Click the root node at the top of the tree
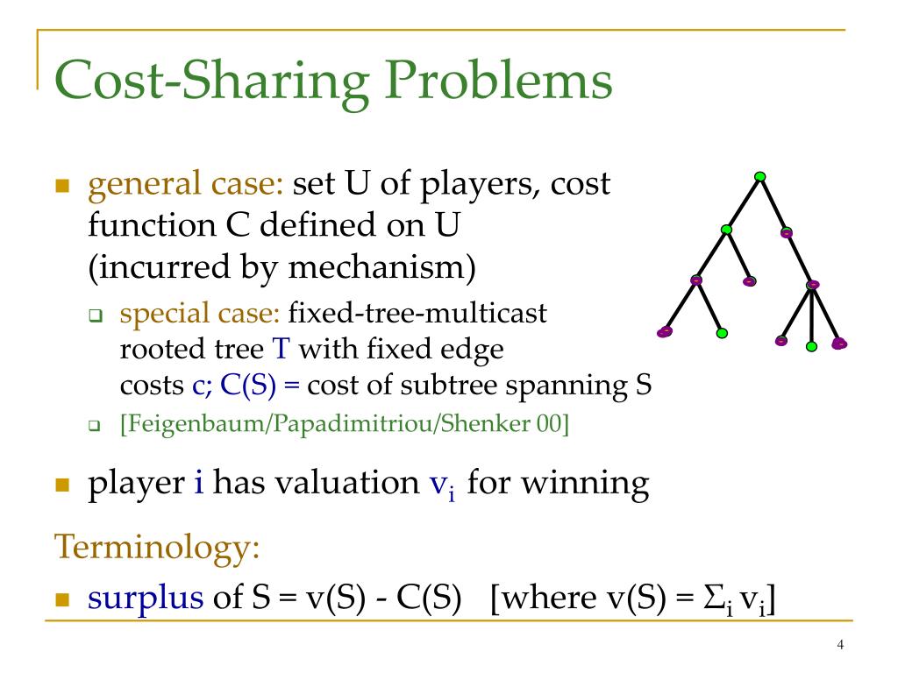point(759,176)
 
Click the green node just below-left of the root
point(725,230)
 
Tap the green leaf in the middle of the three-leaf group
point(811,346)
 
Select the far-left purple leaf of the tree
point(665,332)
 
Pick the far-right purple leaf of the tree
point(839,343)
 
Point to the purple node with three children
point(812,285)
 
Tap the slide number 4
point(840,646)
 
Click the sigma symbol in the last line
point(720,598)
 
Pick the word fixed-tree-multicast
point(417,314)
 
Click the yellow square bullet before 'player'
point(62,485)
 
